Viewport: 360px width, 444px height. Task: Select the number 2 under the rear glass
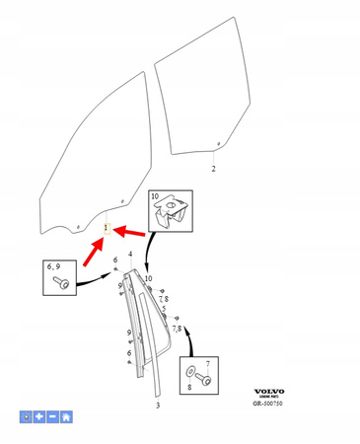point(214,169)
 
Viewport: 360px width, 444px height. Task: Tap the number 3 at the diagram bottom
point(157,406)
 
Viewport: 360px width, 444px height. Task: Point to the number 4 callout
point(129,255)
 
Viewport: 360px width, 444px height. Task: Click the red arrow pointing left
point(132,234)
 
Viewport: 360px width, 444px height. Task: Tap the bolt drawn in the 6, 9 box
point(61,284)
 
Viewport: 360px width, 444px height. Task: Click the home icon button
point(65,417)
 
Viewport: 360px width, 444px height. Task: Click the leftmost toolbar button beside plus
point(27,417)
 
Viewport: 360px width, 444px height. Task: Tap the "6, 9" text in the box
point(53,266)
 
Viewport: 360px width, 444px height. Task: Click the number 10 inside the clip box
point(155,197)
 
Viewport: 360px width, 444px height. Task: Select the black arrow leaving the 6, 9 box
point(94,279)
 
